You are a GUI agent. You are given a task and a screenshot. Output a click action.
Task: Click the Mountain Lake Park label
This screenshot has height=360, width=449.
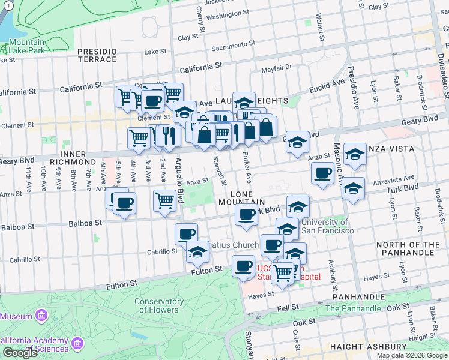(27, 47)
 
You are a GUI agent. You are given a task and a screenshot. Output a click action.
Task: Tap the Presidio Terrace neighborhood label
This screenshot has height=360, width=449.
(97, 55)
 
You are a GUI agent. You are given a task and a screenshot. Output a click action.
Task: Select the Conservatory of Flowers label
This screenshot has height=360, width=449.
(158, 305)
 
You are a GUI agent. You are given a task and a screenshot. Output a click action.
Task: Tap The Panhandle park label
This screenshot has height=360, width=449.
(353, 308)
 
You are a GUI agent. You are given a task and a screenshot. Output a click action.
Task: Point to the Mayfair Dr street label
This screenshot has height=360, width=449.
(280, 68)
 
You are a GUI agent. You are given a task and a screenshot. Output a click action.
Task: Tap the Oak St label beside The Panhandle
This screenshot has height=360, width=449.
(398, 307)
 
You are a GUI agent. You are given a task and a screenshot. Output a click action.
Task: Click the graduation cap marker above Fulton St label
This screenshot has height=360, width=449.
(197, 253)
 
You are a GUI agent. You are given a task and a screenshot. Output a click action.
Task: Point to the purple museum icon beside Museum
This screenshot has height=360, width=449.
(41, 316)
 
